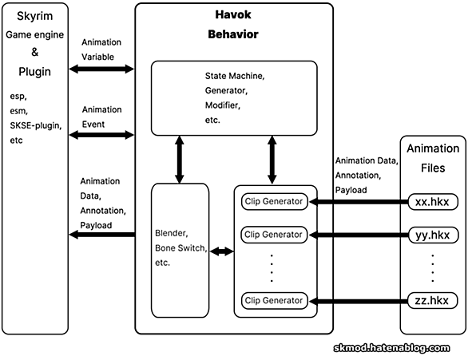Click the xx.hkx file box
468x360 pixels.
(433, 202)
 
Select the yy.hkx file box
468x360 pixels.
(433, 235)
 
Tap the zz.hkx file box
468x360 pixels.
(433, 300)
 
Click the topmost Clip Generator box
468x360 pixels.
(274, 202)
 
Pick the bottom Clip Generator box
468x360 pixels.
(274, 300)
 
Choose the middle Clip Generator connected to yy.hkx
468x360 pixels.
(274, 235)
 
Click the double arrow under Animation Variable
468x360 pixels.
(101, 69)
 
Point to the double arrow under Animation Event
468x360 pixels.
(101, 135)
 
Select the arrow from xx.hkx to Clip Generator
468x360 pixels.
(359, 202)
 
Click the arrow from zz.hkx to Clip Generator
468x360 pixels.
(359, 301)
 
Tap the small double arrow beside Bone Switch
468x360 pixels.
(222, 251)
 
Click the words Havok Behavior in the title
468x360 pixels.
(233, 24)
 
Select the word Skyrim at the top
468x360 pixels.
(34, 16)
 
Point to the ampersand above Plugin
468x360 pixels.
(35, 52)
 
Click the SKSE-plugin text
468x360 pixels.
(36, 125)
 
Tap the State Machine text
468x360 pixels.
(235, 76)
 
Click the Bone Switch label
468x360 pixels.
(180, 248)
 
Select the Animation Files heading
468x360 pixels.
(433, 158)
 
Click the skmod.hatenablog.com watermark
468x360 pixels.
(391, 348)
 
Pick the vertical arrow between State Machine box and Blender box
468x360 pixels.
(180, 160)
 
